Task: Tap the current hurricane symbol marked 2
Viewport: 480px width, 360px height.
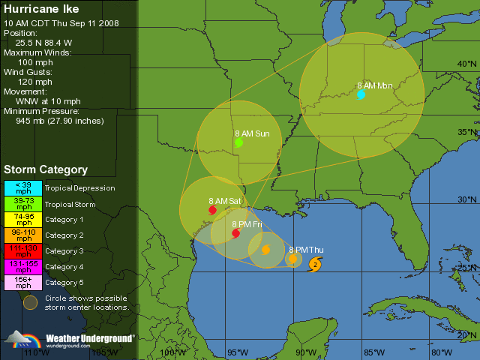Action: click(x=316, y=263)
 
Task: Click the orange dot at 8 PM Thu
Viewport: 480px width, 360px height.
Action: click(x=292, y=259)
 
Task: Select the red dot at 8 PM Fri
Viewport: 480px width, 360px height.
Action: click(x=235, y=233)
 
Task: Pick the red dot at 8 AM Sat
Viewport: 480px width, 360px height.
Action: click(x=212, y=210)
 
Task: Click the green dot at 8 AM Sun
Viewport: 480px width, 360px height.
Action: click(x=238, y=142)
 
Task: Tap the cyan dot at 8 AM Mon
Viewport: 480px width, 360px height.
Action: click(x=361, y=94)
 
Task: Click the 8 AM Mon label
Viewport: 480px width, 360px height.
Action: click(x=374, y=85)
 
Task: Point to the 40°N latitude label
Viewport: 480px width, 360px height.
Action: click(x=466, y=64)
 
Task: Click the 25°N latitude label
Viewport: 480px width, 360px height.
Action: click(x=466, y=268)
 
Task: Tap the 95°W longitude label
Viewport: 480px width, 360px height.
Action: click(x=238, y=352)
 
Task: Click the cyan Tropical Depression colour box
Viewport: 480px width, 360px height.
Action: click(x=23, y=188)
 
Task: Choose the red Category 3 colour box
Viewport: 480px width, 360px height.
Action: click(x=23, y=251)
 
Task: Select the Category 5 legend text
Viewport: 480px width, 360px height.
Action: click(x=64, y=283)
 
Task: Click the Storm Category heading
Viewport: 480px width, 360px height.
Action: click(x=46, y=170)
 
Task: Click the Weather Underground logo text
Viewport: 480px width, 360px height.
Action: click(x=90, y=338)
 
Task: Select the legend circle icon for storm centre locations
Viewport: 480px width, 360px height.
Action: click(x=30, y=302)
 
